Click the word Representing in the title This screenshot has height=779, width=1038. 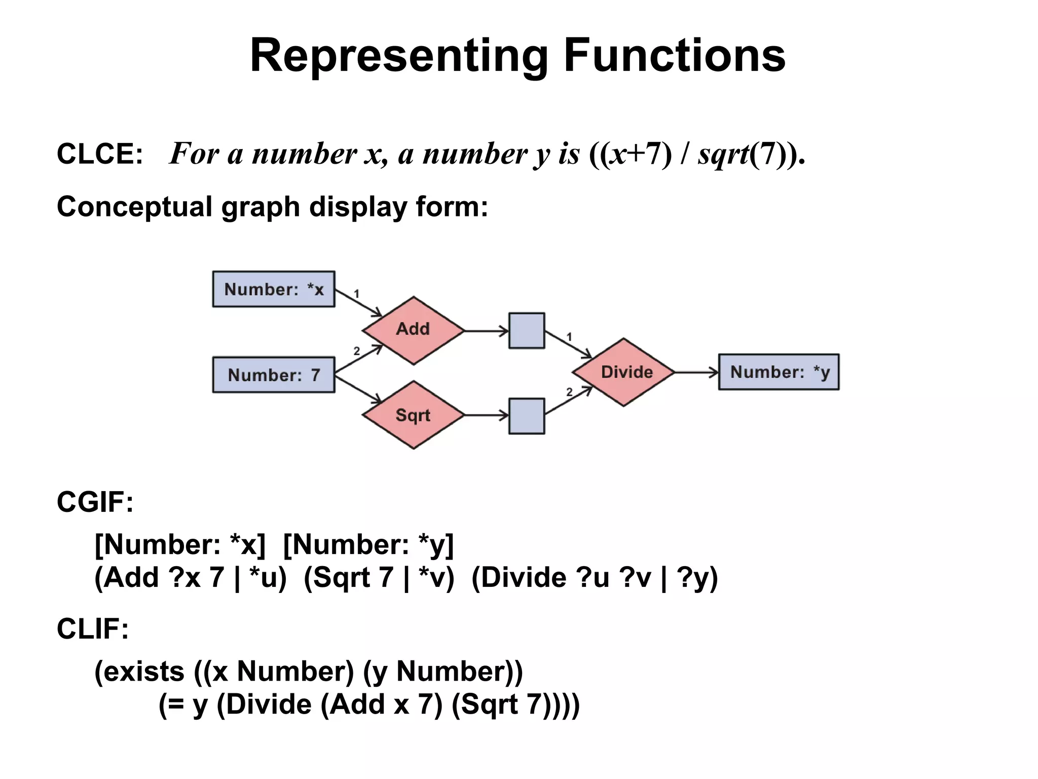[399, 57]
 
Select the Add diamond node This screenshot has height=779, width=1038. [413, 330]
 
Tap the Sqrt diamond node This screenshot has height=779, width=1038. [413, 415]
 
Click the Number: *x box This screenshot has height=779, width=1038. [274, 289]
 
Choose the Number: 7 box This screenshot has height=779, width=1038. [274, 375]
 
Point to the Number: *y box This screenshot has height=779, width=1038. [779, 372]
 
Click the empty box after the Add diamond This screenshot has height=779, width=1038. [527, 331]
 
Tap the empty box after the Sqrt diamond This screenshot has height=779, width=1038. [527, 416]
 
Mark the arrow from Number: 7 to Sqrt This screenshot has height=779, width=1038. [358, 389]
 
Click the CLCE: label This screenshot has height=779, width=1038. [100, 154]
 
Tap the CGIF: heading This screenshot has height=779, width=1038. [95, 502]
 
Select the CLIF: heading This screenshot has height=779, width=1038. [93, 629]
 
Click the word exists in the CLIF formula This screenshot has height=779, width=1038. [139, 672]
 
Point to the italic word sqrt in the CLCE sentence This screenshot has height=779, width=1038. [723, 154]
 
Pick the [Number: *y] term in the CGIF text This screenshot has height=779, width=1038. [368, 545]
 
